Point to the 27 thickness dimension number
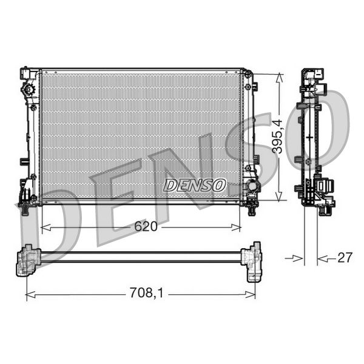click(345, 258)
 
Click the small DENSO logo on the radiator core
click(195, 184)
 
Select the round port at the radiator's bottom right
click(249, 186)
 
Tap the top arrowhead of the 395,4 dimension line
click(278, 77)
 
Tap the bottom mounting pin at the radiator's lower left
click(25, 209)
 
